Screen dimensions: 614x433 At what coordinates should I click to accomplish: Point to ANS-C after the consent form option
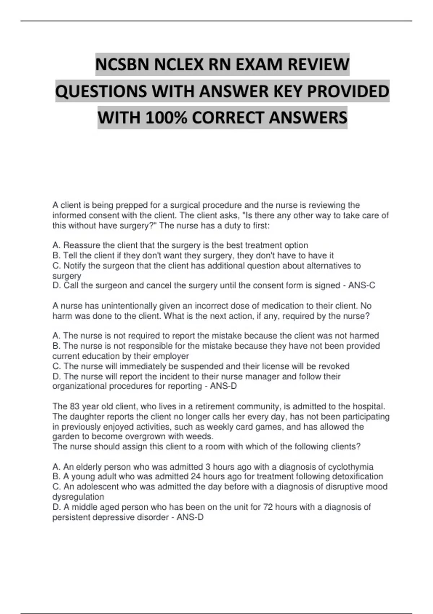coord(362,286)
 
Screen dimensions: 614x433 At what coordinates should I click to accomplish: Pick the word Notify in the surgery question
coord(75,266)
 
